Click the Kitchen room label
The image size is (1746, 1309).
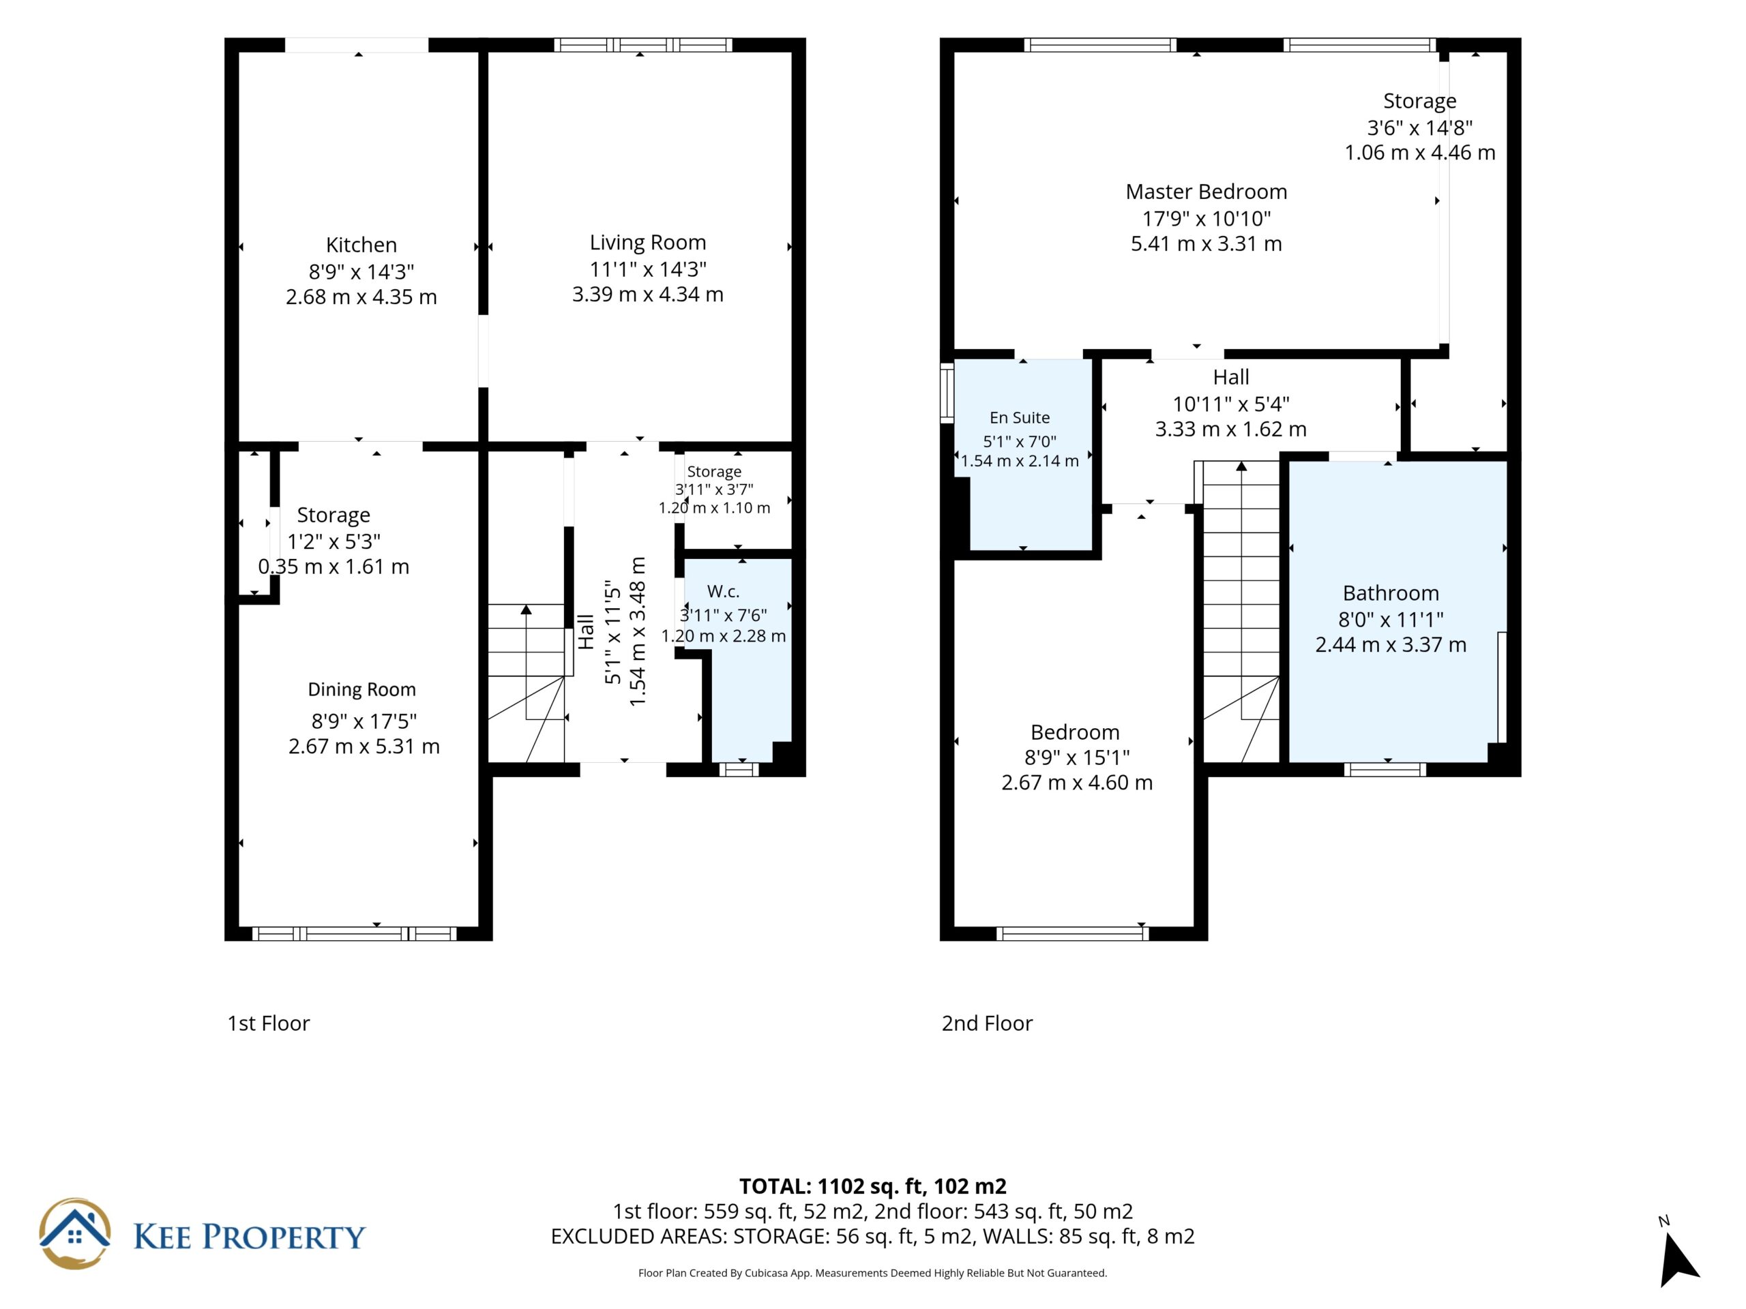pos(361,245)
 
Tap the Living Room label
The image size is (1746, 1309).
pos(647,242)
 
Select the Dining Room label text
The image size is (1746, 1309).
pos(361,690)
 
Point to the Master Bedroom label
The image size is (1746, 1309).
pos(1206,192)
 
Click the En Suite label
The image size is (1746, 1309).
pos(1020,417)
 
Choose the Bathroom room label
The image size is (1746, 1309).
pos(1391,592)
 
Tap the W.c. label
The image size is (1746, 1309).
pos(723,591)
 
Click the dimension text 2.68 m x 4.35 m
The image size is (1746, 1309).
pos(361,297)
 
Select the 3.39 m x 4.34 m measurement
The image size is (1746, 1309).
pos(647,295)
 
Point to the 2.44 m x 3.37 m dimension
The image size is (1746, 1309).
pos(1391,645)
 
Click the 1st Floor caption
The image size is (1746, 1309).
pos(268,1023)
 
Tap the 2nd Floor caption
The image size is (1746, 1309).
pos(987,1023)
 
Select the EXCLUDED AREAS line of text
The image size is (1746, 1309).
pos(873,1237)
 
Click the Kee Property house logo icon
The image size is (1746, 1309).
pos(75,1234)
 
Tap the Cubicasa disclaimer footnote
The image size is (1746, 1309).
pos(873,1273)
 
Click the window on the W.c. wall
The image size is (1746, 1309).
pos(738,769)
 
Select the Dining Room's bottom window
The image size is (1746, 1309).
pos(355,934)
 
